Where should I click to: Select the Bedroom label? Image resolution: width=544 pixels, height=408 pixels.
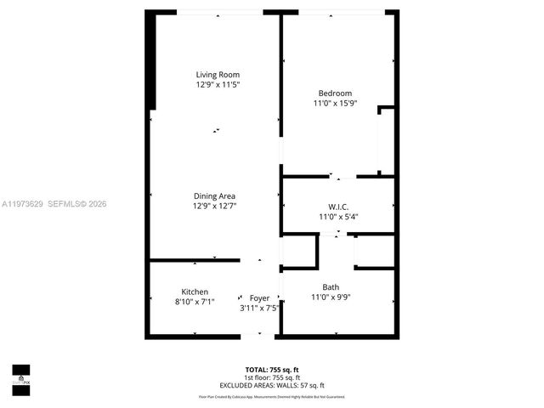click(335, 93)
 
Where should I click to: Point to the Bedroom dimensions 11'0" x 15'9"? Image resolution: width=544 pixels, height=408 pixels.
click(335, 104)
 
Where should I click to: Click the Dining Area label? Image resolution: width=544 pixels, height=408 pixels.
click(214, 195)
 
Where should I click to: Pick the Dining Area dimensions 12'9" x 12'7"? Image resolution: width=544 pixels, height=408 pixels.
click(214, 206)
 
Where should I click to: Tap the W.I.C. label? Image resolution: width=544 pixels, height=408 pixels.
click(338, 207)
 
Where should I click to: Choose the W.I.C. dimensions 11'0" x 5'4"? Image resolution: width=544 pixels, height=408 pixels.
click(338, 217)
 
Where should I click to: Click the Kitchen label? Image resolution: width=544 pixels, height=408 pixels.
click(195, 292)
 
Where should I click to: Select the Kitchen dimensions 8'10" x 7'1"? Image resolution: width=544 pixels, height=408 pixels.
click(195, 302)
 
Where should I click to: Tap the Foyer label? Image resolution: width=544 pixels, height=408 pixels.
click(259, 297)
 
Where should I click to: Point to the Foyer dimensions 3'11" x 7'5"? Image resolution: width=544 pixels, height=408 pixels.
click(259, 308)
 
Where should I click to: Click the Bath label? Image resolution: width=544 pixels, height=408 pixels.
click(331, 286)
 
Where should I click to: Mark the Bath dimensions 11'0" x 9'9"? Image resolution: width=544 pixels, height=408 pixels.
click(331, 297)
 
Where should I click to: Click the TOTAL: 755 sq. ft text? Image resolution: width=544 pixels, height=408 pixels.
click(271, 370)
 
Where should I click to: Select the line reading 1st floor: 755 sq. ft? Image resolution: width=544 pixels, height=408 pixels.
click(271, 377)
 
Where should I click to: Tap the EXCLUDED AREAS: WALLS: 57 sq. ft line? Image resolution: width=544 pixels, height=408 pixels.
click(271, 386)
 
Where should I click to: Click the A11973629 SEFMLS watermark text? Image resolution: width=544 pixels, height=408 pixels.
click(54, 204)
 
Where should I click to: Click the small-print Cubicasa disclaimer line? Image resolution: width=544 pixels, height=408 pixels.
click(271, 397)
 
